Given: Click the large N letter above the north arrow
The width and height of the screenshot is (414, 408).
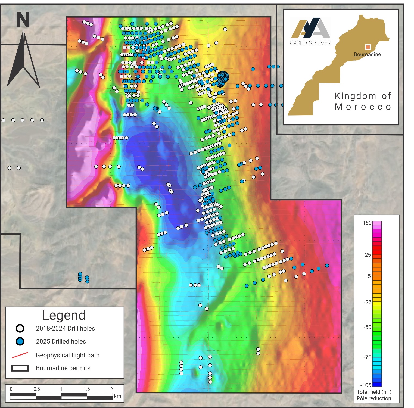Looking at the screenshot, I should coord(23,20).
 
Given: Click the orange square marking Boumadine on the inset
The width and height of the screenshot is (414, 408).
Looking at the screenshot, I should coord(368,47).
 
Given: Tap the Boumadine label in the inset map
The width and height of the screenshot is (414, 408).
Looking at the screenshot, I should coord(367,54).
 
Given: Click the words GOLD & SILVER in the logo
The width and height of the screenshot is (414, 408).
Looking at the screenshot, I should coord(310,43).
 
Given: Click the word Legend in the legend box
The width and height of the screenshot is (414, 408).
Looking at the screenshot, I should coord(64,315).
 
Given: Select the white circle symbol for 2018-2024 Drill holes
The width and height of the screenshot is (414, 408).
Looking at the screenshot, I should coord(20,328).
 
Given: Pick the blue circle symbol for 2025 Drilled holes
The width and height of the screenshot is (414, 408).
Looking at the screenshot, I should coord(20,341).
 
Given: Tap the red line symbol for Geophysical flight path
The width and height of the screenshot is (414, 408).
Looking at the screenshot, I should coord(20,355).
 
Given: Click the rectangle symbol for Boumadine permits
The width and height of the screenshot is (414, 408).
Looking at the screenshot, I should coord(20,368).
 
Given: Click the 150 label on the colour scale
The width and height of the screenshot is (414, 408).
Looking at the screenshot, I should coord(367,223).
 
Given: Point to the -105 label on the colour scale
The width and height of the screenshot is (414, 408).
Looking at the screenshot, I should coord(366,385).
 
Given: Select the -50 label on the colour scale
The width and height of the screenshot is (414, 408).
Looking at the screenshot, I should coord(367,327).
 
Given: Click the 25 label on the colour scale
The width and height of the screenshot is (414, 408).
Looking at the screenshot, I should coord(368,255).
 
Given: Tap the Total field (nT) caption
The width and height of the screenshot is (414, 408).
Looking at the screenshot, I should coord(374,392).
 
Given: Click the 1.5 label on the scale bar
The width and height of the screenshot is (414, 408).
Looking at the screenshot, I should coord(87,389).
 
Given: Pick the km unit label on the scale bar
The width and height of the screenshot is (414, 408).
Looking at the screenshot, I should coord(117,396).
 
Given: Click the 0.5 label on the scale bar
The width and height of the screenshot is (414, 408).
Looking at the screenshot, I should coord(37,389).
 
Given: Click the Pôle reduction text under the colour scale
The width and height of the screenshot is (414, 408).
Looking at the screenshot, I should coord(374,398).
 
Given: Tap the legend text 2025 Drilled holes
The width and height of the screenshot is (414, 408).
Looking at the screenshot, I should coord(61,341).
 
